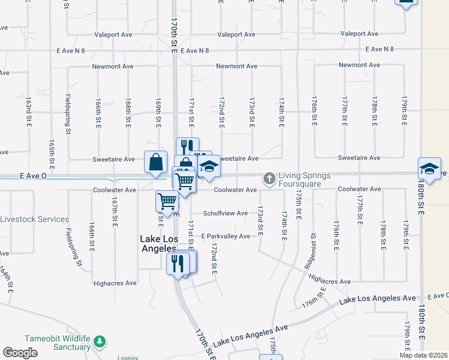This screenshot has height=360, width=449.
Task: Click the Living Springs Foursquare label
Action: [304, 179]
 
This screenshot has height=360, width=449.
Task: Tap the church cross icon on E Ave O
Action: [269, 178]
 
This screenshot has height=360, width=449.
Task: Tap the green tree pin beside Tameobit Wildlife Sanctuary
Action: [99, 342]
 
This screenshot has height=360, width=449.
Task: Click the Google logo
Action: [20, 353]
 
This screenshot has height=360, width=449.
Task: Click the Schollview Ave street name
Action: [225, 213]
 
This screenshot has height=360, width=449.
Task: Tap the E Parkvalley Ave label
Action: [225, 236]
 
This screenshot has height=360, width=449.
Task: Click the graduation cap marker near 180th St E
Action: [429, 169]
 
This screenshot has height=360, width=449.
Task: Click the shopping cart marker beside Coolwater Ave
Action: [167, 202]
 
